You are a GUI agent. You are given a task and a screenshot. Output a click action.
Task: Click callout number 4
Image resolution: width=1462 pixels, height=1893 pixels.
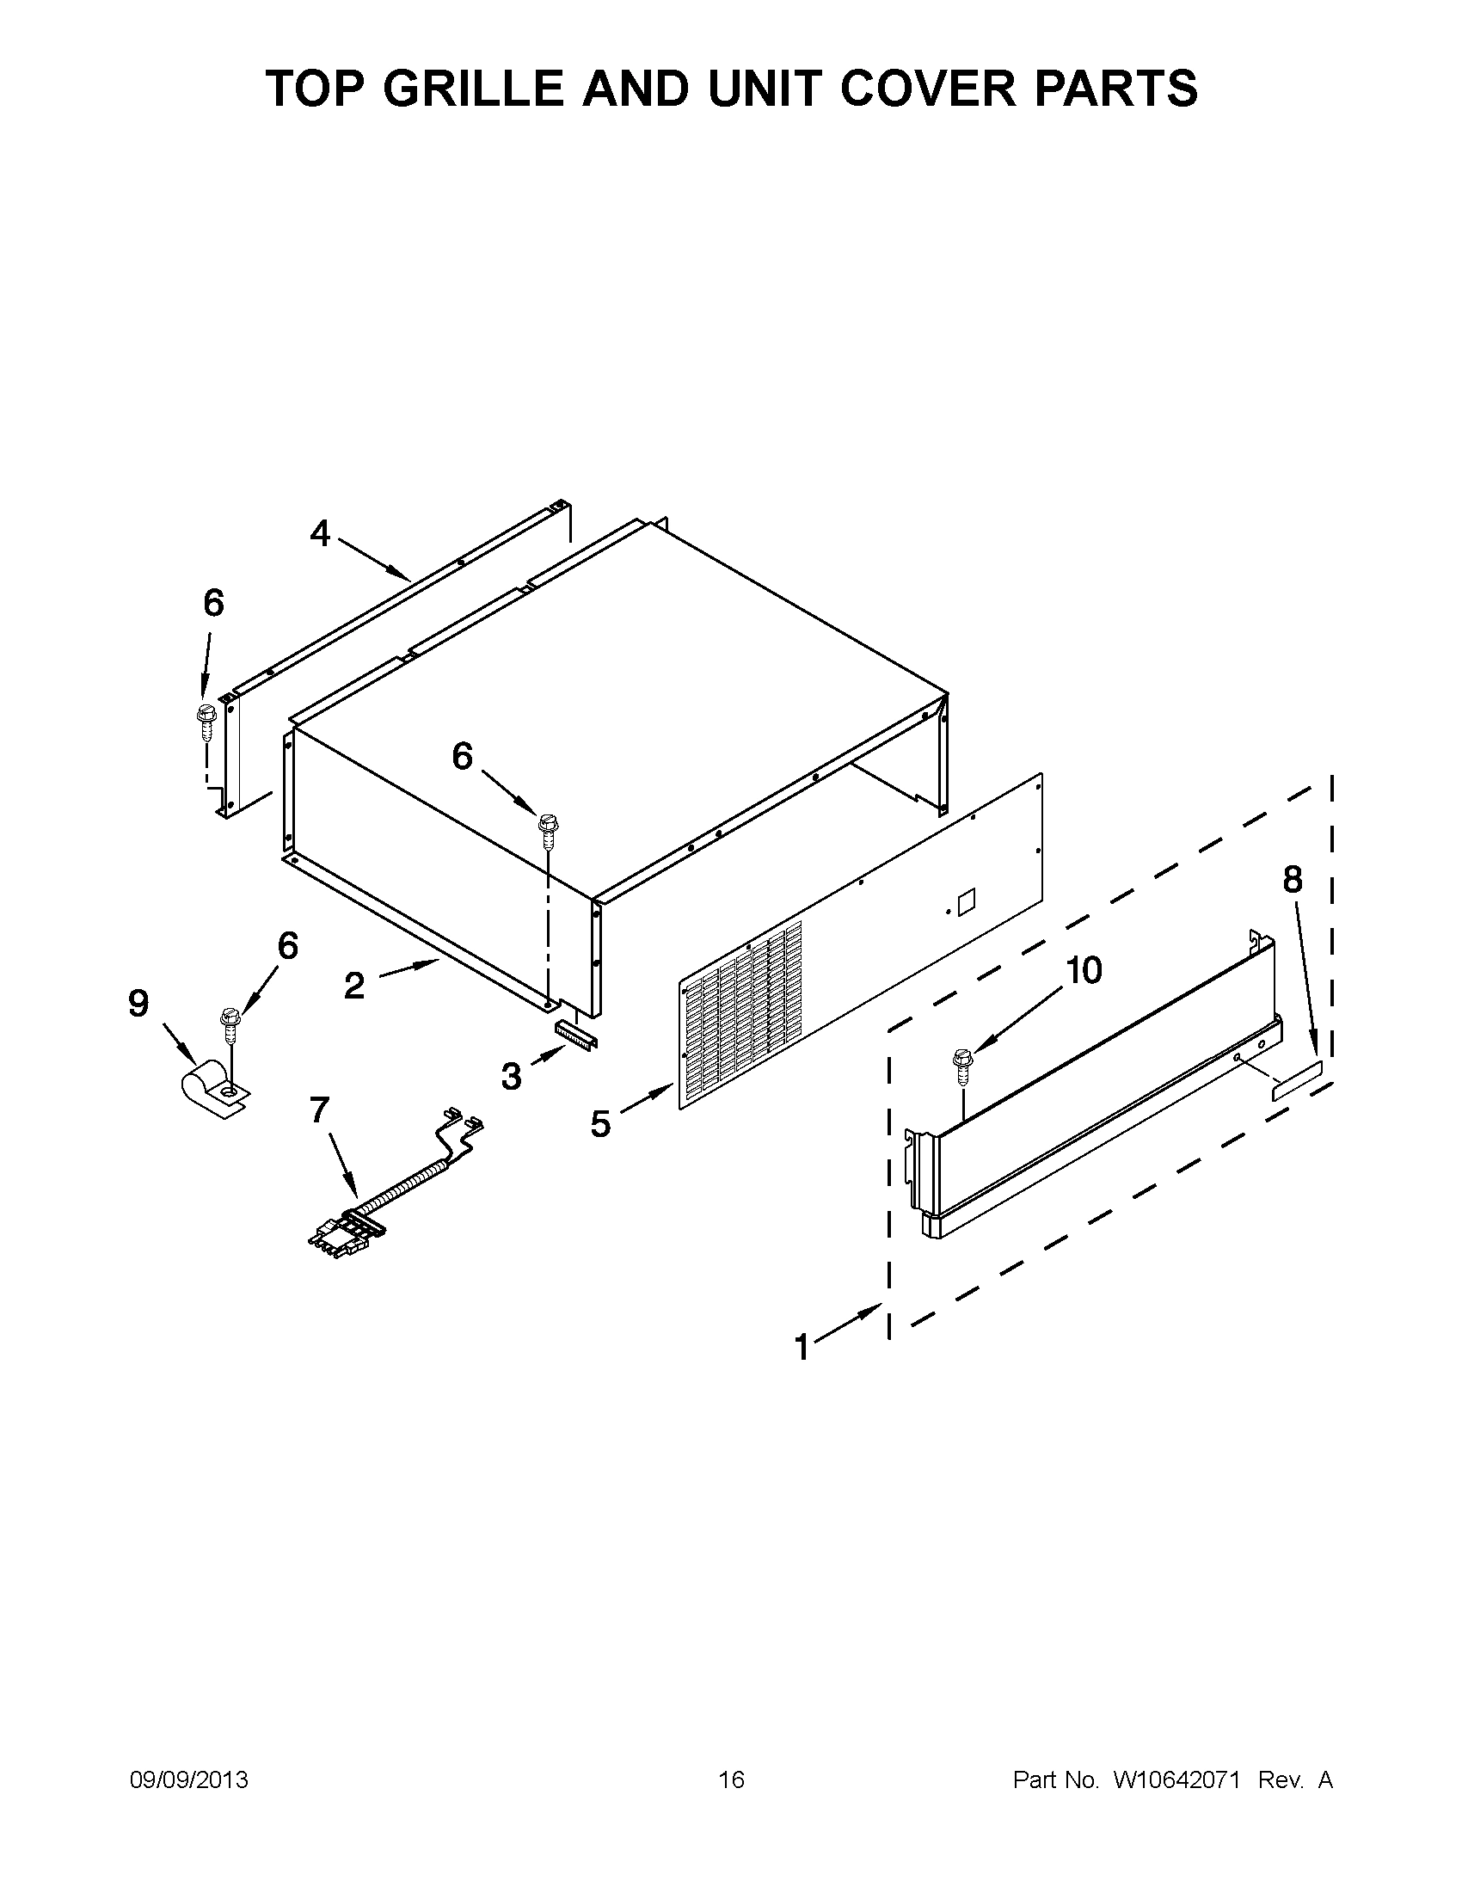pyautogui.click(x=320, y=533)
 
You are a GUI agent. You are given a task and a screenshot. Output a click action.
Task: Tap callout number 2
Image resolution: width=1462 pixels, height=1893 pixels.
pyautogui.click(x=353, y=986)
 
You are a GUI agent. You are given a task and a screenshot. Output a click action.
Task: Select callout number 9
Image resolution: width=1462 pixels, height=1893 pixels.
pyautogui.click(x=138, y=1004)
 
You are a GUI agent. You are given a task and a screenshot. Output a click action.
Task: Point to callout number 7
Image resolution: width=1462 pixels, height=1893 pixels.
pyautogui.click(x=320, y=1109)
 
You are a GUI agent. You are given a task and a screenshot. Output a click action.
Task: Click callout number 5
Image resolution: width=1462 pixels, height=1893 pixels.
pyautogui.click(x=600, y=1124)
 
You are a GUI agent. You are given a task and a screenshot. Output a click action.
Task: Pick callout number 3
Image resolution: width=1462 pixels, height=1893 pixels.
pyautogui.click(x=512, y=1077)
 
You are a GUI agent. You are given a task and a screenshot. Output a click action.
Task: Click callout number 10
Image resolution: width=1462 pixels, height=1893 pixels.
pyautogui.click(x=1083, y=970)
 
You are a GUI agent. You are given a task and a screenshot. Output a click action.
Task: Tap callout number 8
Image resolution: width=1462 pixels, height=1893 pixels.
pyautogui.click(x=1291, y=880)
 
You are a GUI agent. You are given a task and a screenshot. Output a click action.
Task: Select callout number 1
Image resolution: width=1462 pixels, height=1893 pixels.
pyautogui.click(x=802, y=1348)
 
